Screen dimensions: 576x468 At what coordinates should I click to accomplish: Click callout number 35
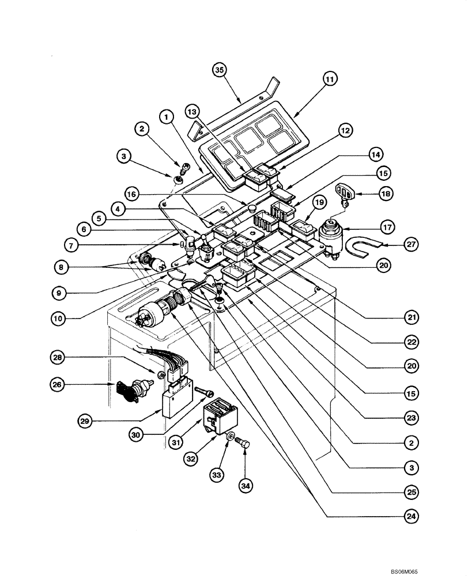(x=218, y=70)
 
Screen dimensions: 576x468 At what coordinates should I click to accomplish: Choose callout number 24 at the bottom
(x=411, y=516)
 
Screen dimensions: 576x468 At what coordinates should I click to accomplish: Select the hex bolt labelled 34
(x=244, y=445)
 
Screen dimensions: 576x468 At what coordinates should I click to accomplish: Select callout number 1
(x=167, y=118)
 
